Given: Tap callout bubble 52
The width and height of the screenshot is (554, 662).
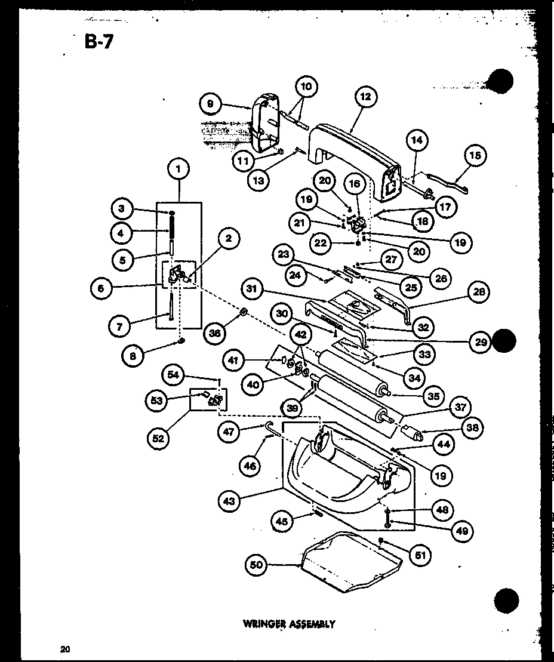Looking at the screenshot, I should pos(158,439).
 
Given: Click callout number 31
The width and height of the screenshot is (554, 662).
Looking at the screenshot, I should pos(254,289).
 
